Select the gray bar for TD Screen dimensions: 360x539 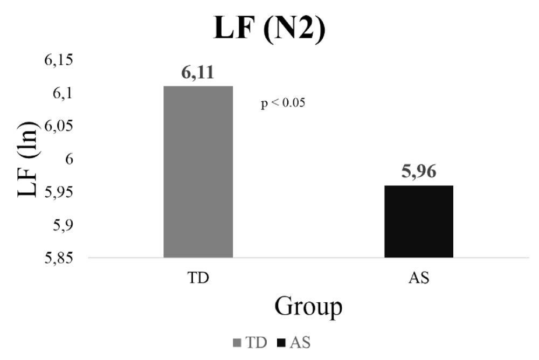(198, 171)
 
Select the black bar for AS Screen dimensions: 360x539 (418, 221)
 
